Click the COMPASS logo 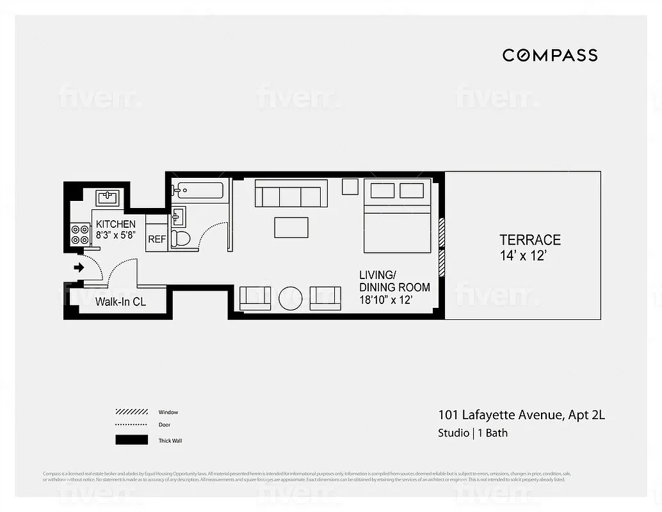[549, 55]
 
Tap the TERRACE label [529, 240]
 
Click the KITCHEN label [115, 224]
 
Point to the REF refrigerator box [157, 239]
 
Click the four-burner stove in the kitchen [81, 234]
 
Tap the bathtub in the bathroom [198, 190]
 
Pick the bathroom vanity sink [178, 218]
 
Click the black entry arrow [79, 268]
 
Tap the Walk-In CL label [120, 302]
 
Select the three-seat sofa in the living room [291, 193]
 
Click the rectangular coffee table [291, 227]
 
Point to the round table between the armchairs [291, 298]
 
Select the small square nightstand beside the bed [350, 186]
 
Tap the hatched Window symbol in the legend [131, 412]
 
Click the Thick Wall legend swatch [131, 440]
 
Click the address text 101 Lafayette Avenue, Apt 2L [521, 415]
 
